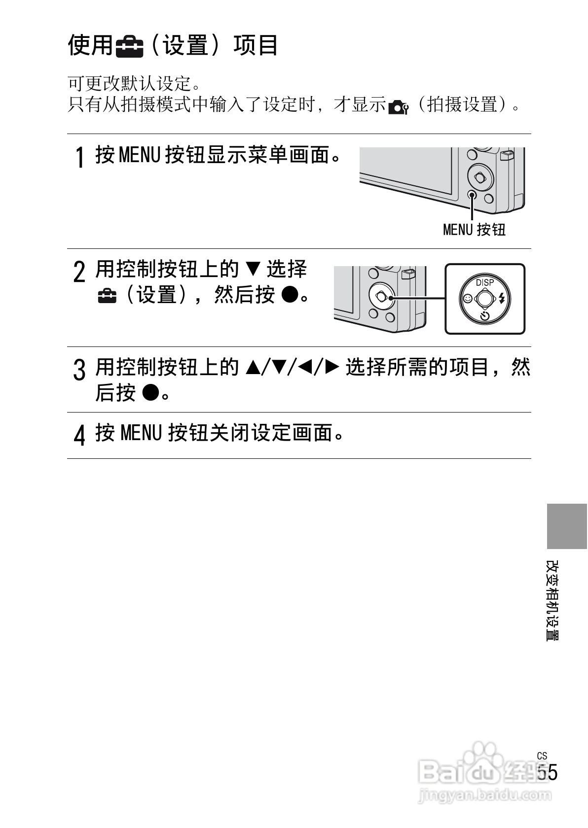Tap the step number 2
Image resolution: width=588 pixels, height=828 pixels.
79,272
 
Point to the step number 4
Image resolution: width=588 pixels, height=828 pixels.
79,435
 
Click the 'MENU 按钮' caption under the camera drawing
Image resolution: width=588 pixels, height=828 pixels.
474,229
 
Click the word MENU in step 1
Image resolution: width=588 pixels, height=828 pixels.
140,155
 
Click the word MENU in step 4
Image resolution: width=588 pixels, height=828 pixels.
141,433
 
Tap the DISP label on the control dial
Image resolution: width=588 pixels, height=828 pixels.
484,282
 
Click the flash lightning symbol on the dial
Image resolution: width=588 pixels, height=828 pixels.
502,298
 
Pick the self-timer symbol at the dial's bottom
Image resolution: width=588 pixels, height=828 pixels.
485,315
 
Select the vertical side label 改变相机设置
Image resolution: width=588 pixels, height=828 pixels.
552,600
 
